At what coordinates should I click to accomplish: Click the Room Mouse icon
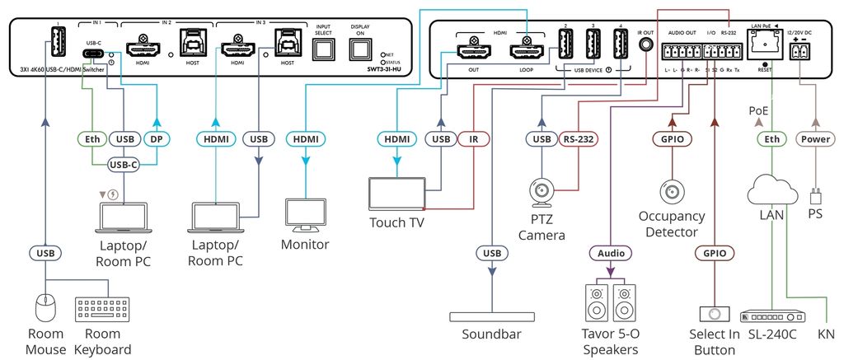pos(46,309)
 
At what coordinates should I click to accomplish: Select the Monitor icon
pos(305,213)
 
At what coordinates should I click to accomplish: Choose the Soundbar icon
pos(492,317)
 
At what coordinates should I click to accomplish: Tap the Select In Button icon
pos(714,315)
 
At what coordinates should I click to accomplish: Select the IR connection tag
pos(474,140)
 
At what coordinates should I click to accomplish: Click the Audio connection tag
pos(611,253)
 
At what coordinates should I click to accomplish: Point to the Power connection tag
pos(815,140)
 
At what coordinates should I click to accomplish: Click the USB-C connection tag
pos(123,165)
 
